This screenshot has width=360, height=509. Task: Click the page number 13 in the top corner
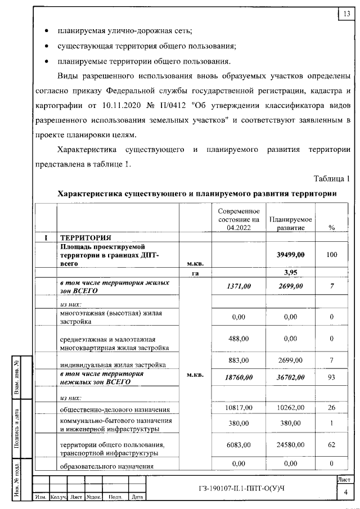coord(344,14)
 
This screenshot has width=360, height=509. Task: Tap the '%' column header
coord(331,227)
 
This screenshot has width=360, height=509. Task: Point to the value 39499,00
coord(291,254)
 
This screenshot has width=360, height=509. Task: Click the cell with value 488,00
coord(238,339)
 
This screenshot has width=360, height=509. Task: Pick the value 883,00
coord(238,359)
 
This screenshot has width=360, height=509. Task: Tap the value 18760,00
coord(238,377)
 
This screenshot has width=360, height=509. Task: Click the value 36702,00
coord(291,377)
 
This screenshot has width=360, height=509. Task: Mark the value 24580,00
coord(291,444)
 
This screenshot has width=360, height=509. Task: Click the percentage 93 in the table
coord(331,377)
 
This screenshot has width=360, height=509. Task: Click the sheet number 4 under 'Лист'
coord(344,493)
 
